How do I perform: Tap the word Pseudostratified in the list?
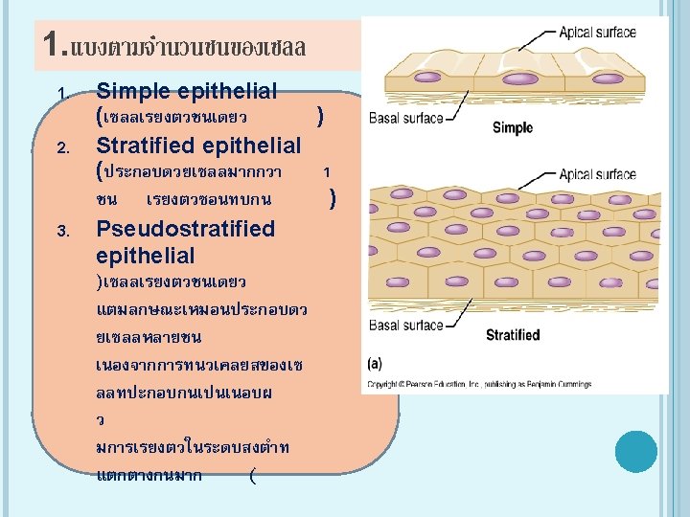pyautogui.click(x=186, y=229)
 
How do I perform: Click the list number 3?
pyautogui.click(x=60, y=231)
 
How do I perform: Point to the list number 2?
pyautogui.click(x=60, y=148)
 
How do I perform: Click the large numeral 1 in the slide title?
pyautogui.click(x=52, y=44)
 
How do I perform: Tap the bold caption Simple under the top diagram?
pyautogui.click(x=512, y=127)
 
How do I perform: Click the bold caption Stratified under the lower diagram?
pyautogui.click(x=513, y=335)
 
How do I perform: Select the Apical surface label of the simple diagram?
pyautogui.click(x=597, y=33)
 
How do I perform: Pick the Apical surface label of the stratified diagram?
pyautogui.click(x=597, y=174)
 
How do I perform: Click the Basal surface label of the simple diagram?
pyautogui.click(x=406, y=119)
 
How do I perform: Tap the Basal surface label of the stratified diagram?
pyautogui.click(x=406, y=326)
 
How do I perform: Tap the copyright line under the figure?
pyautogui.click(x=479, y=385)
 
